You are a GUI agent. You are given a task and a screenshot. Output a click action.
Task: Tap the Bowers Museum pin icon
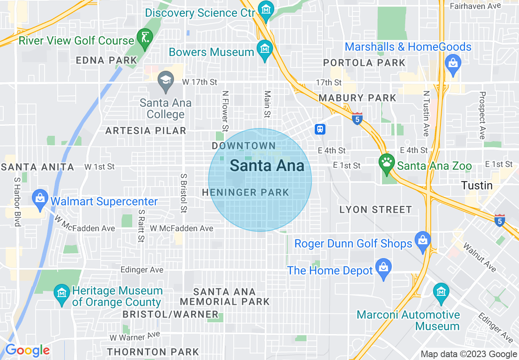[x=264, y=48]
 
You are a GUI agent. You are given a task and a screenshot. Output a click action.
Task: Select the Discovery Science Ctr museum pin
[x=266, y=9]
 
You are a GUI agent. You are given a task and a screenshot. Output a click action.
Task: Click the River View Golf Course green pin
[x=144, y=36]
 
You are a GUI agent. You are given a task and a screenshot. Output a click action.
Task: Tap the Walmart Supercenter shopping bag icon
[x=40, y=198]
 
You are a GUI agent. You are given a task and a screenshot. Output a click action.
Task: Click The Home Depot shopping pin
[x=384, y=267]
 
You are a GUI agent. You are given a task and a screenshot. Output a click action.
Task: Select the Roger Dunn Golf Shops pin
[x=422, y=240]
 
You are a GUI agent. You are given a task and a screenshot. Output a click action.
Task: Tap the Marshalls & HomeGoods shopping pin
[x=453, y=63]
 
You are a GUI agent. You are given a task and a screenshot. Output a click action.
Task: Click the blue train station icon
[x=320, y=129]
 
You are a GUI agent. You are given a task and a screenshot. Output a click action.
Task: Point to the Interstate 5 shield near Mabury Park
[x=357, y=119]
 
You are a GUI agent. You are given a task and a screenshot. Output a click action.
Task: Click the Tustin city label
[x=477, y=185]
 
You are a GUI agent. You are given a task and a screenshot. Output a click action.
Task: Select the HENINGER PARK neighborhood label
[x=246, y=192]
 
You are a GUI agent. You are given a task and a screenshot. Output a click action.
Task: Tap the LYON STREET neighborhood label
[x=376, y=210]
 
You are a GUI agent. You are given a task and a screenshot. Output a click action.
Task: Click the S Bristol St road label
[x=183, y=193]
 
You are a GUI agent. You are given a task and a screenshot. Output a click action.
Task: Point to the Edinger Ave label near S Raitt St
[x=142, y=270]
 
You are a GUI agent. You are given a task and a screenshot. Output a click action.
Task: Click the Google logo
[x=27, y=350]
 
